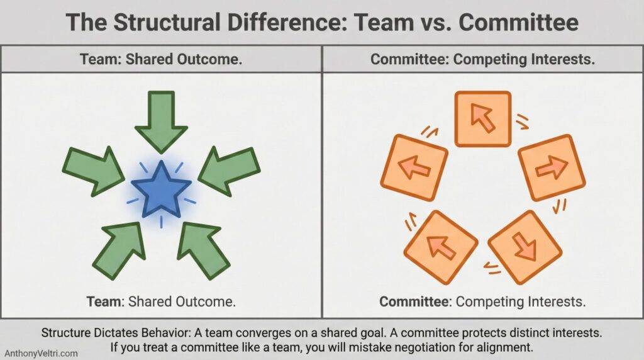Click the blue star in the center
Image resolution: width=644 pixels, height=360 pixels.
click(161, 189)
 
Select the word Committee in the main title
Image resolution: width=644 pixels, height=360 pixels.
click(519, 23)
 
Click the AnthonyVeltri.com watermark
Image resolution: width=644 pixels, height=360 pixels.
click(42, 354)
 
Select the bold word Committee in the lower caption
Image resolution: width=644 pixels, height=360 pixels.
click(414, 301)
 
